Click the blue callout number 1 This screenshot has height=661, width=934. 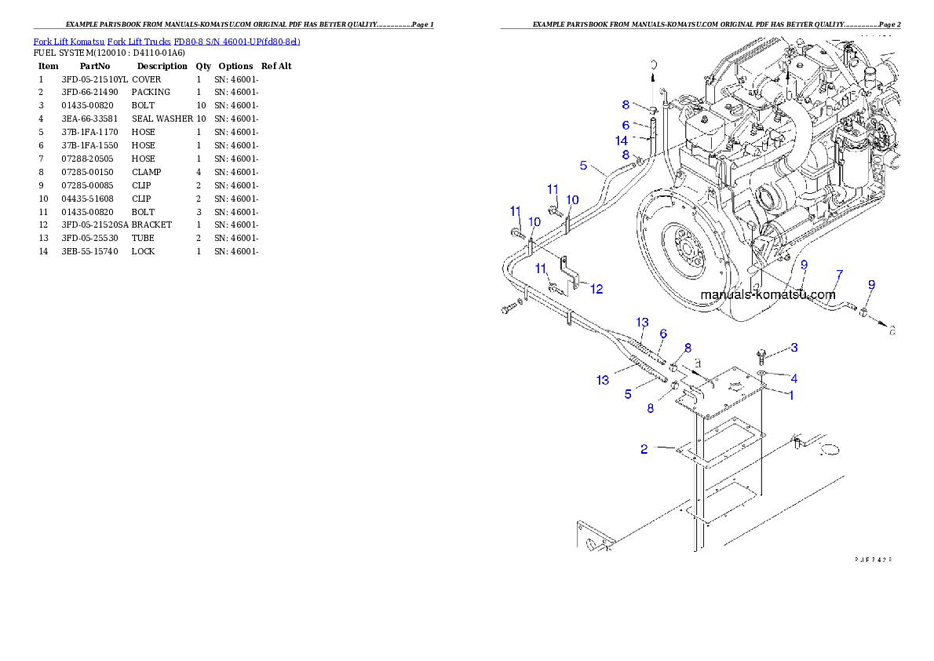pos(791,395)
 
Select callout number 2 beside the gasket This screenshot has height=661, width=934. pos(644,449)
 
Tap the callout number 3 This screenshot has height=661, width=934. pos(794,347)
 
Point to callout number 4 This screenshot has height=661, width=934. pos(794,378)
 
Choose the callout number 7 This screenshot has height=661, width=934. pos(839,274)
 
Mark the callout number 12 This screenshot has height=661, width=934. pos(597,289)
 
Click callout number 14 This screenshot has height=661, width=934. pos(622,141)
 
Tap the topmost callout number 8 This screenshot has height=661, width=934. pos(626,104)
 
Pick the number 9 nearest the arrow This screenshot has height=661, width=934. pos(871,284)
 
